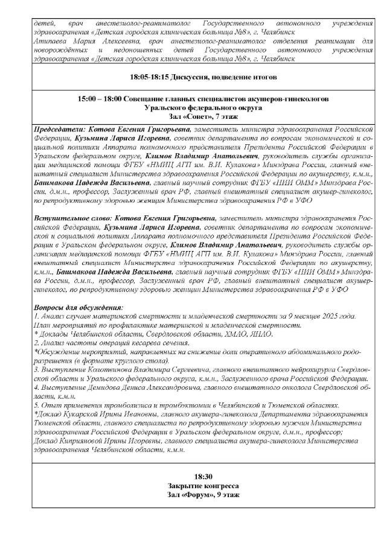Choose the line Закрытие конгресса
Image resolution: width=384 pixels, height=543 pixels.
(191, 486)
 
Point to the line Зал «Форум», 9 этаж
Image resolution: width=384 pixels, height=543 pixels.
(191, 495)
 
